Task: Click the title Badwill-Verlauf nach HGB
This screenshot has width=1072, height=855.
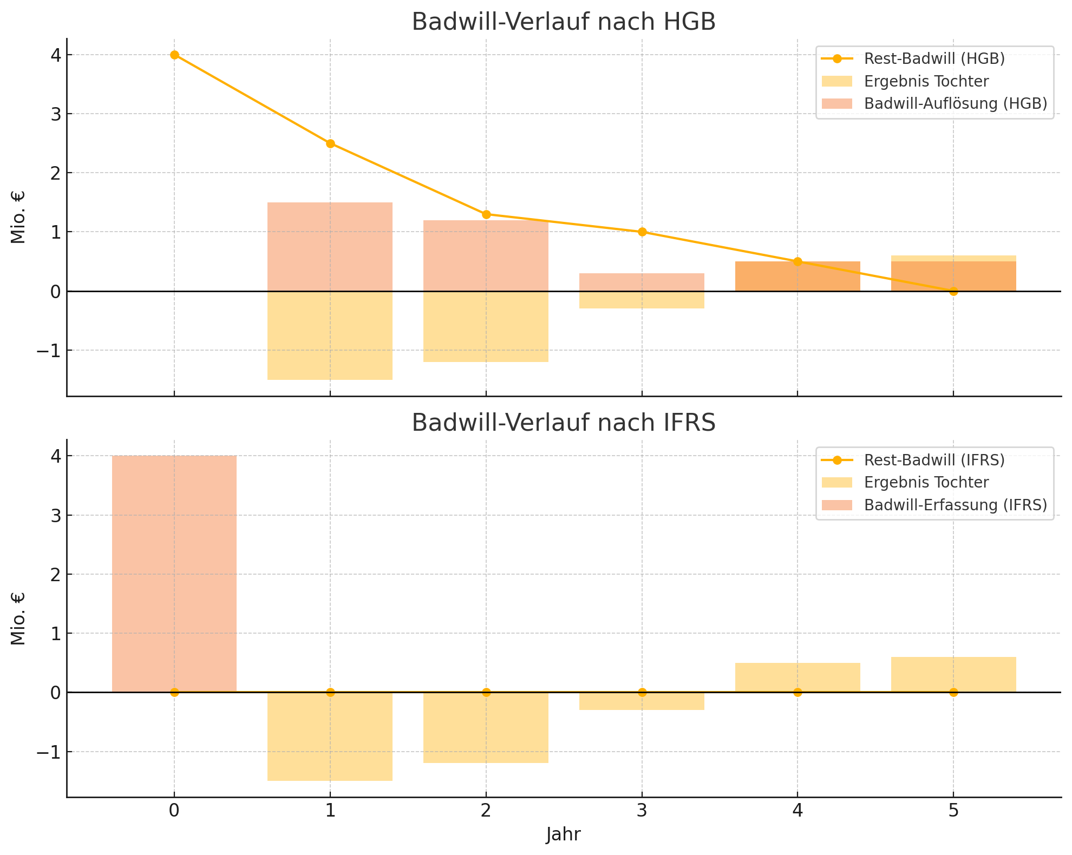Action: click(564, 22)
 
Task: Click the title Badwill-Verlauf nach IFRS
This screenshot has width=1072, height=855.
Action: click(564, 423)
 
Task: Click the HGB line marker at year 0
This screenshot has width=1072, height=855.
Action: click(174, 55)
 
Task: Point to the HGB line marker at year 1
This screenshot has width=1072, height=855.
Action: click(330, 143)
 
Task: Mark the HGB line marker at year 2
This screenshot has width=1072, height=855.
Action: click(486, 214)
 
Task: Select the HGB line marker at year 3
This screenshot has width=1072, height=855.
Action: click(642, 232)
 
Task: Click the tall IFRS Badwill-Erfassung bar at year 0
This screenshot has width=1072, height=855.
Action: click(174, 574)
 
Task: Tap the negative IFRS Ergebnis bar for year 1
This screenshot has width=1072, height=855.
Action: click(330, 736)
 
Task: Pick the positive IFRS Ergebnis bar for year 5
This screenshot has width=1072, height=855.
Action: click(953, 674)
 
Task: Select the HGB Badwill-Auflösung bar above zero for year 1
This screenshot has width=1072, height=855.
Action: click(330, 247)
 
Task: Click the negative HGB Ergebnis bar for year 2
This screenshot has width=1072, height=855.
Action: click(486, 326)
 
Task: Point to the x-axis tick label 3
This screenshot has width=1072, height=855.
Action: click(642, 811)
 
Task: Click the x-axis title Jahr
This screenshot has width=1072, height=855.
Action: click(564, 834)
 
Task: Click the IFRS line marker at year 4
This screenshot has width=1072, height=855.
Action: click(798, 692)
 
